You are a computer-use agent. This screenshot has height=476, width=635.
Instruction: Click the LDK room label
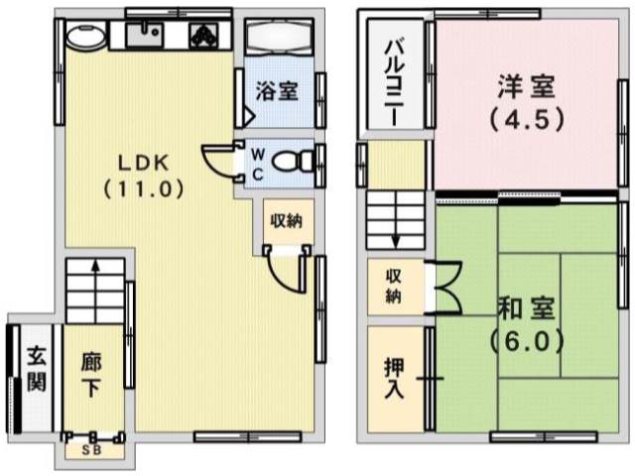click(x=144, y=163)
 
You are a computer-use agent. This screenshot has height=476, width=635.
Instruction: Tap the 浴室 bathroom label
click(x=277, y=90)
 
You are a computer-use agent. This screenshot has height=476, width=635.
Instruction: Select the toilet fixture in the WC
click(x=293, y=162)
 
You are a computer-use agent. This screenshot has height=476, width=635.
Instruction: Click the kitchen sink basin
click(x=144, y=35)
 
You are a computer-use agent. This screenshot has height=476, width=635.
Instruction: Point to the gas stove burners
click(x=204, y=35)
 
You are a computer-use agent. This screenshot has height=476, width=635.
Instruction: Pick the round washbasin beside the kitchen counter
click(x=85, y=36)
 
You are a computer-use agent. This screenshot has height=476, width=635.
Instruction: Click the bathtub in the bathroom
click(x=279, y=37)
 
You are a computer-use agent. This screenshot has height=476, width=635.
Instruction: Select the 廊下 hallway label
click(x=91, y=375)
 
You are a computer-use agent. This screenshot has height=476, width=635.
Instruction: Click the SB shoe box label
click(x=91, y=449)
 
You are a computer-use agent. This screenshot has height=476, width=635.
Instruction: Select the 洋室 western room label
click(x=527, y=86)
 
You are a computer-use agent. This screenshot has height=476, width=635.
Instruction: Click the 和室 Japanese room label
click(x=527, y=308)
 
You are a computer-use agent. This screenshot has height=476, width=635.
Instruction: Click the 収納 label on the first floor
click(x=287, y=221)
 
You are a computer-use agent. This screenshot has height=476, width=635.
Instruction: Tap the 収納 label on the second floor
click(x=393, y=287)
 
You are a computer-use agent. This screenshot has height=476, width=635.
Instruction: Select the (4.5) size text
click(x=527, y=120)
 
